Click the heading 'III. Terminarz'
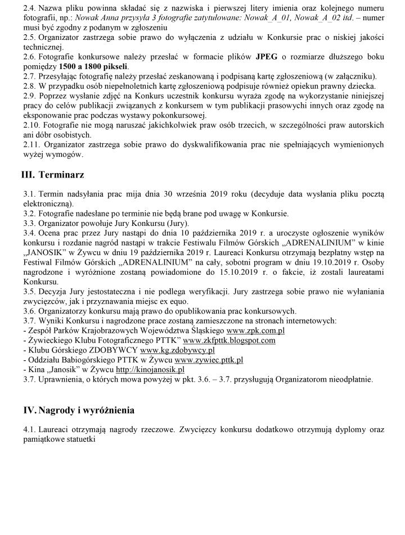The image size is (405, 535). pyautogui.click(x=53, y=175)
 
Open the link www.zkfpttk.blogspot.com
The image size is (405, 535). pyautogui.click(x=229, y=340)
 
